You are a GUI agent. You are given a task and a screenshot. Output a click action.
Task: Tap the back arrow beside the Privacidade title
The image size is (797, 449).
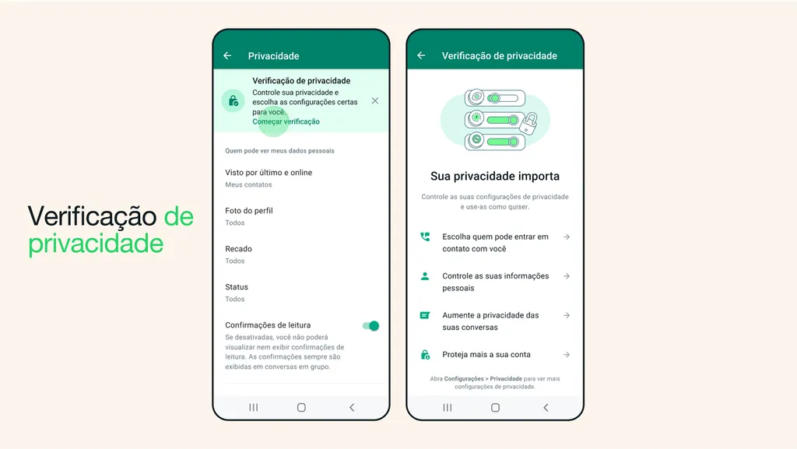227,56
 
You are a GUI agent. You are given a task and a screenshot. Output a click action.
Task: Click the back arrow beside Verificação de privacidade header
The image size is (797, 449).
421,56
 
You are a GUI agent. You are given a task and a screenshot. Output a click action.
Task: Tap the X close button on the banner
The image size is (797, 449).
375,101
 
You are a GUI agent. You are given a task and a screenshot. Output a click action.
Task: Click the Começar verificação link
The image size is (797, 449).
286,121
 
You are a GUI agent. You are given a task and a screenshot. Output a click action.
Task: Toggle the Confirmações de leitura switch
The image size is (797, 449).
370,326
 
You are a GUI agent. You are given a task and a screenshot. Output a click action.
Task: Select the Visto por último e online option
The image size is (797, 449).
269,173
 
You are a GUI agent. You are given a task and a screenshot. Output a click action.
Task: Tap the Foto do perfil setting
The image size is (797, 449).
249,211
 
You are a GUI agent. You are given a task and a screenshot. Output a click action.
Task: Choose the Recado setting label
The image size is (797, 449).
238,249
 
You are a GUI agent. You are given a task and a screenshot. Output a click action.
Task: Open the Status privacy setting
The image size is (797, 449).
237,287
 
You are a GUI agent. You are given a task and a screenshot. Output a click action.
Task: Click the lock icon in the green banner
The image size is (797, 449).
232,101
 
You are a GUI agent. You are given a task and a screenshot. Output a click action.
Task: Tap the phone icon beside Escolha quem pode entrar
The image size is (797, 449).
425,237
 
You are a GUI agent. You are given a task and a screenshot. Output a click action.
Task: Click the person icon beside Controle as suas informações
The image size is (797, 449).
425,276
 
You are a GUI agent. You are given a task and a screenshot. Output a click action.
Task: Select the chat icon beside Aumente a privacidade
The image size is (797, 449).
425,315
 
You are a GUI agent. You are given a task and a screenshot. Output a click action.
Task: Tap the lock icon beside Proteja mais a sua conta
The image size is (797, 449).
425,354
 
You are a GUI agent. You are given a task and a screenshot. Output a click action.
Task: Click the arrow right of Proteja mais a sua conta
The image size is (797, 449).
567,354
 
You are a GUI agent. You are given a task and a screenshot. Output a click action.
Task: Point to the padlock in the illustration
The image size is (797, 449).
531,122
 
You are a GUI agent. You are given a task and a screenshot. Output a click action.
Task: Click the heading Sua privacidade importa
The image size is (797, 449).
495,176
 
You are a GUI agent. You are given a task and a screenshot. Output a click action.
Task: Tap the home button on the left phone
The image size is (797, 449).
301,407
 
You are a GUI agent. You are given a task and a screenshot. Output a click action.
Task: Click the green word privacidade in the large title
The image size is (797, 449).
96,244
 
